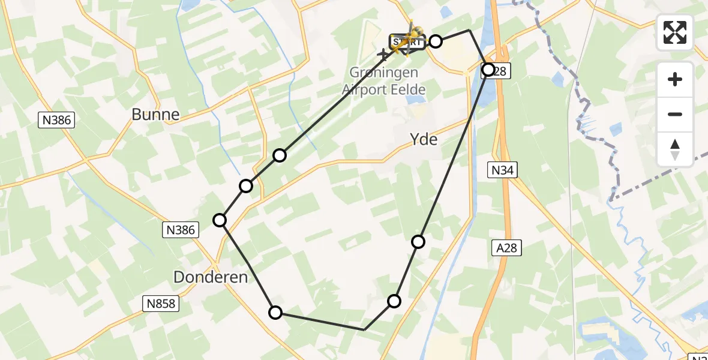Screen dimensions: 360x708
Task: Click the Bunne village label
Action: point(155,115)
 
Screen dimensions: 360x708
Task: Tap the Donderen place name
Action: point(211,277)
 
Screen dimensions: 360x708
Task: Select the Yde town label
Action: point(424,140)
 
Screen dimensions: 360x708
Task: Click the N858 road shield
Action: point(160,304)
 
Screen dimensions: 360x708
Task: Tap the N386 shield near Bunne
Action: point(58,120)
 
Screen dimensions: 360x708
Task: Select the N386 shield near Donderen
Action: point(180,229)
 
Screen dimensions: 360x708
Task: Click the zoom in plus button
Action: point(675,79)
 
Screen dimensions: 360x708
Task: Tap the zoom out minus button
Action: point(675,114)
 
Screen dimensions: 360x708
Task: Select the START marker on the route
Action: point(407,42)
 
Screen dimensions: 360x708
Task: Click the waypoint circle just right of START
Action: point(436,41)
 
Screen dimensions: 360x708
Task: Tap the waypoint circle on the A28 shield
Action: point(488,70)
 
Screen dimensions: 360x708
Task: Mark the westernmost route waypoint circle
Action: point(220,220)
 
